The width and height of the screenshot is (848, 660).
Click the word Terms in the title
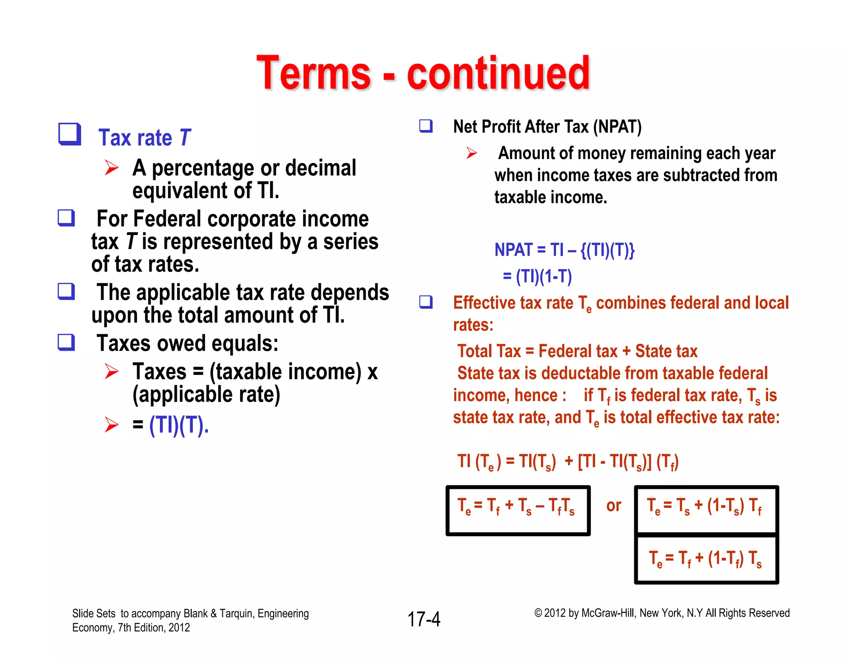(313, 74)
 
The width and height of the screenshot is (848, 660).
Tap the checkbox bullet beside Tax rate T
(69, 134)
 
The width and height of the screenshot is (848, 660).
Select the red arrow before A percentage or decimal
(112, 168)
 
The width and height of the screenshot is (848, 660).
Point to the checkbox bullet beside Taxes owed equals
(66, 343)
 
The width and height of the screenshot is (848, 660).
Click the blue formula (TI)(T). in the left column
(179, 425)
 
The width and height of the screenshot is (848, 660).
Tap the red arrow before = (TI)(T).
(112, 425)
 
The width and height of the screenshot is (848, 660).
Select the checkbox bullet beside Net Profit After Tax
(426, 126)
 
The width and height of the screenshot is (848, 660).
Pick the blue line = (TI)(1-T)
(537, 276)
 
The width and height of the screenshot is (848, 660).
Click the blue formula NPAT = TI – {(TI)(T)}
(564, 250)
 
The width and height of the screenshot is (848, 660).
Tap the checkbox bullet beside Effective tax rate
(426, 302)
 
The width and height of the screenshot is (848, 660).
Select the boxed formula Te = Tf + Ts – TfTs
(518, 510)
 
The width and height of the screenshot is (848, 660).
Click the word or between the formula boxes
(614, 505)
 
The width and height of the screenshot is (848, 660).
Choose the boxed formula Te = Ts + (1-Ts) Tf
(706, 509)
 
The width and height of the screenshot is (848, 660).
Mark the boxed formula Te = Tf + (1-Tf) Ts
(706, 559)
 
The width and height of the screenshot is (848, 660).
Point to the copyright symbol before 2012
(538, 613)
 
